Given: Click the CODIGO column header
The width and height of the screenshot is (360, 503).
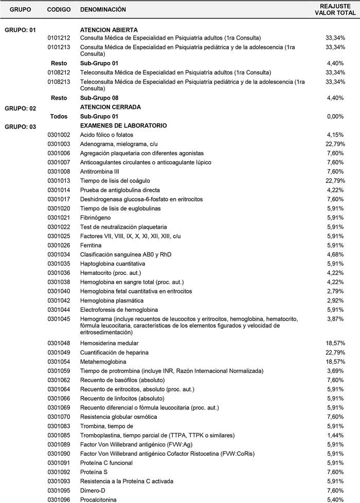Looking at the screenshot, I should pyautogui.click(x=59, y=10).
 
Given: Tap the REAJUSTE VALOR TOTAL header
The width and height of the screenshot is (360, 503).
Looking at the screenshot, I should pyautogui.click(x=335, y=10).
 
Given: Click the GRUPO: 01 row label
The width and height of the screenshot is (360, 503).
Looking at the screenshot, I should pyautogui.click(x=20, y=30).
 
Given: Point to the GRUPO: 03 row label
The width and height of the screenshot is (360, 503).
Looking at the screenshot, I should pyautogui.click(x=20, y=126).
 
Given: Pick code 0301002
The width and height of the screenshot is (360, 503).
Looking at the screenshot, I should pyautogui.click(x=58, y=135).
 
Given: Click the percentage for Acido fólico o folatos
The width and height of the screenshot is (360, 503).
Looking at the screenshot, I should pyautogui.click(x=335, y=135).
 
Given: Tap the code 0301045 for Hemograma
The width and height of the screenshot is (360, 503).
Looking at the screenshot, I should pyautogui.click(x=58, y=319).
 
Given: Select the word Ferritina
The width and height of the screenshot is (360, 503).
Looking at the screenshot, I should pyautogui.click(x=92, y=245).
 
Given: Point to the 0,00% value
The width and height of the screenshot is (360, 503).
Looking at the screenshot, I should pyautogui.click(x=335, y=117).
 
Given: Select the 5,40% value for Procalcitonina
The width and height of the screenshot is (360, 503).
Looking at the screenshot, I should pyautogui.click(x=335, y=499).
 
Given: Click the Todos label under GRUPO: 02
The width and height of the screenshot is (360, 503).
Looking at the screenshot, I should pyautogui.click(x=59, y=117).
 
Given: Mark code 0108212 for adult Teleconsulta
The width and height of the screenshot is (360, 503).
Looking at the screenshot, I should pyautogui.click(x=58, y=72).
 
